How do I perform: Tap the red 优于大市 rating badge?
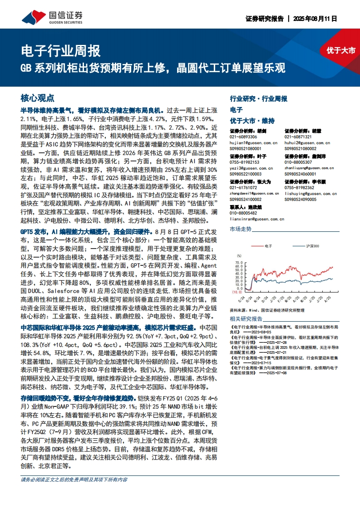pyautogui.click(x=340, y=50)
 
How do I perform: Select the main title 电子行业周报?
pyautogui.click(x=61, y=50)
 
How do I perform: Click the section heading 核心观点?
pyautogui.click(x=38, y=98)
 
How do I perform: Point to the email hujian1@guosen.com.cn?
pyautogui.click(x=251, y=142)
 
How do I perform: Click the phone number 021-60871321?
pyautogui.click(x=298, y=137)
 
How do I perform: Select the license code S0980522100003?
pyautogui.click(x=248, y=173)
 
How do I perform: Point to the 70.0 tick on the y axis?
pyautogui.click(x=237, y=262)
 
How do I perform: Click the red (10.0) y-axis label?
pyautogui.click(x=237, y=293)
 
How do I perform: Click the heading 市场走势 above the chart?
pyautogui.click(x=241, y=230)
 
